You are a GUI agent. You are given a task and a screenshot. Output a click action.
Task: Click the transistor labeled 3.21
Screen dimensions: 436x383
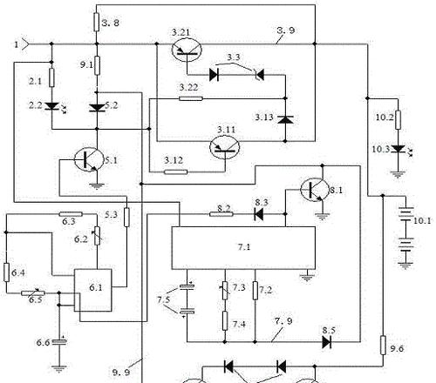click(187, 50)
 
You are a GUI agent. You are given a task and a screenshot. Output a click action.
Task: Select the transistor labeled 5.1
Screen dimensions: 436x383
click(89, 159)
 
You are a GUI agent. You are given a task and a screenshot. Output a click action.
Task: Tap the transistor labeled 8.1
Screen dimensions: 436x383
click(315, 189)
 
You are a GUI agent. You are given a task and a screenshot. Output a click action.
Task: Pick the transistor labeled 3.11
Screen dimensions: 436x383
click(225, 147)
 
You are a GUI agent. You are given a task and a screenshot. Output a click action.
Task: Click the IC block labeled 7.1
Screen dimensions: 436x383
click(243, 248)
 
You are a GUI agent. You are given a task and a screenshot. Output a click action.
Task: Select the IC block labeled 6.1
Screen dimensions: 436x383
click(93, 290)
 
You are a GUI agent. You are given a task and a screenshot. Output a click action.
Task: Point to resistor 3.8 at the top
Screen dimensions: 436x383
click(97, 22)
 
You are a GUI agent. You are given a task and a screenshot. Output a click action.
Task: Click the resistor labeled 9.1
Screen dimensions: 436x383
click(97, 65)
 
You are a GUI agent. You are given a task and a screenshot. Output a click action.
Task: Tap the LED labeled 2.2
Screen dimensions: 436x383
click(52, 106)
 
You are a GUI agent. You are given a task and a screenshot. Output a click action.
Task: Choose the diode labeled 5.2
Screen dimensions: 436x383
click(97, 108)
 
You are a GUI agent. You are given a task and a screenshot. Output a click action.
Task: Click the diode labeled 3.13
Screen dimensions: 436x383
click(285, 119)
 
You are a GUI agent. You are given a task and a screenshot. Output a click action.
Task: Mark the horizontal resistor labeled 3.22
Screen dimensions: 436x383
click(191, 98)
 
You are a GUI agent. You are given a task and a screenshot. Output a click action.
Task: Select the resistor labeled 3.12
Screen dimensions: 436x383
click(175, 172)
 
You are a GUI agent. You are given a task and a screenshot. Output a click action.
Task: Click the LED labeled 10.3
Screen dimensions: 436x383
click(399, 150)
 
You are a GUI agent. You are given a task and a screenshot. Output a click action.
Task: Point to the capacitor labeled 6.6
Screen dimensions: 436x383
click(59, 341)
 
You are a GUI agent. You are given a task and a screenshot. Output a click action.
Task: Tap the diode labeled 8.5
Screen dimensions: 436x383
click(327, 342)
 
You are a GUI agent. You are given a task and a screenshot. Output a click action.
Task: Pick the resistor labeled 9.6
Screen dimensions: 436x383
click(383, 345)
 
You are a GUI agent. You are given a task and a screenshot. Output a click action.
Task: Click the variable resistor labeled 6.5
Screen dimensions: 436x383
click(33, 293)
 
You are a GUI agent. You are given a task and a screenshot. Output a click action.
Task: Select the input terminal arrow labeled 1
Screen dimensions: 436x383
click(25, 44)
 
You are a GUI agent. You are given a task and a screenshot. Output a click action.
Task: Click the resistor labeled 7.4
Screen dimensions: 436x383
click(225, 320)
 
